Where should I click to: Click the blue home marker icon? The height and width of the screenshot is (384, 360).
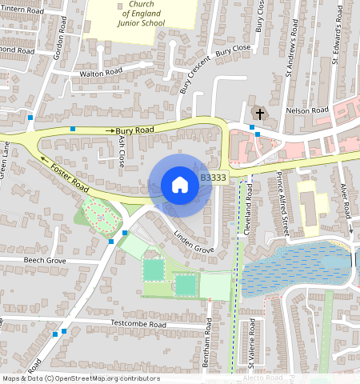pyautogui.click(x=180, y=185)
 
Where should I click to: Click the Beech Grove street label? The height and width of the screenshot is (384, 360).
pyautogui.click(x=45, y=261)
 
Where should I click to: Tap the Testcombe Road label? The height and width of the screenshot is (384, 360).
pyautogui.click(x=138, y=325)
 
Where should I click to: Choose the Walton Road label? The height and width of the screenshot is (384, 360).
pyautogui.click(x=101, y=72)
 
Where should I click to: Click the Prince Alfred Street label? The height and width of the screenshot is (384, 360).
pyautogui.click(x=282, y=204)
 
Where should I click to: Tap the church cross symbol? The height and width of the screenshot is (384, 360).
pyautogui.click(x=258, y=111)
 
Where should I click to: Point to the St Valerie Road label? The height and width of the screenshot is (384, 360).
pyautogui.click(x=252, y=344)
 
